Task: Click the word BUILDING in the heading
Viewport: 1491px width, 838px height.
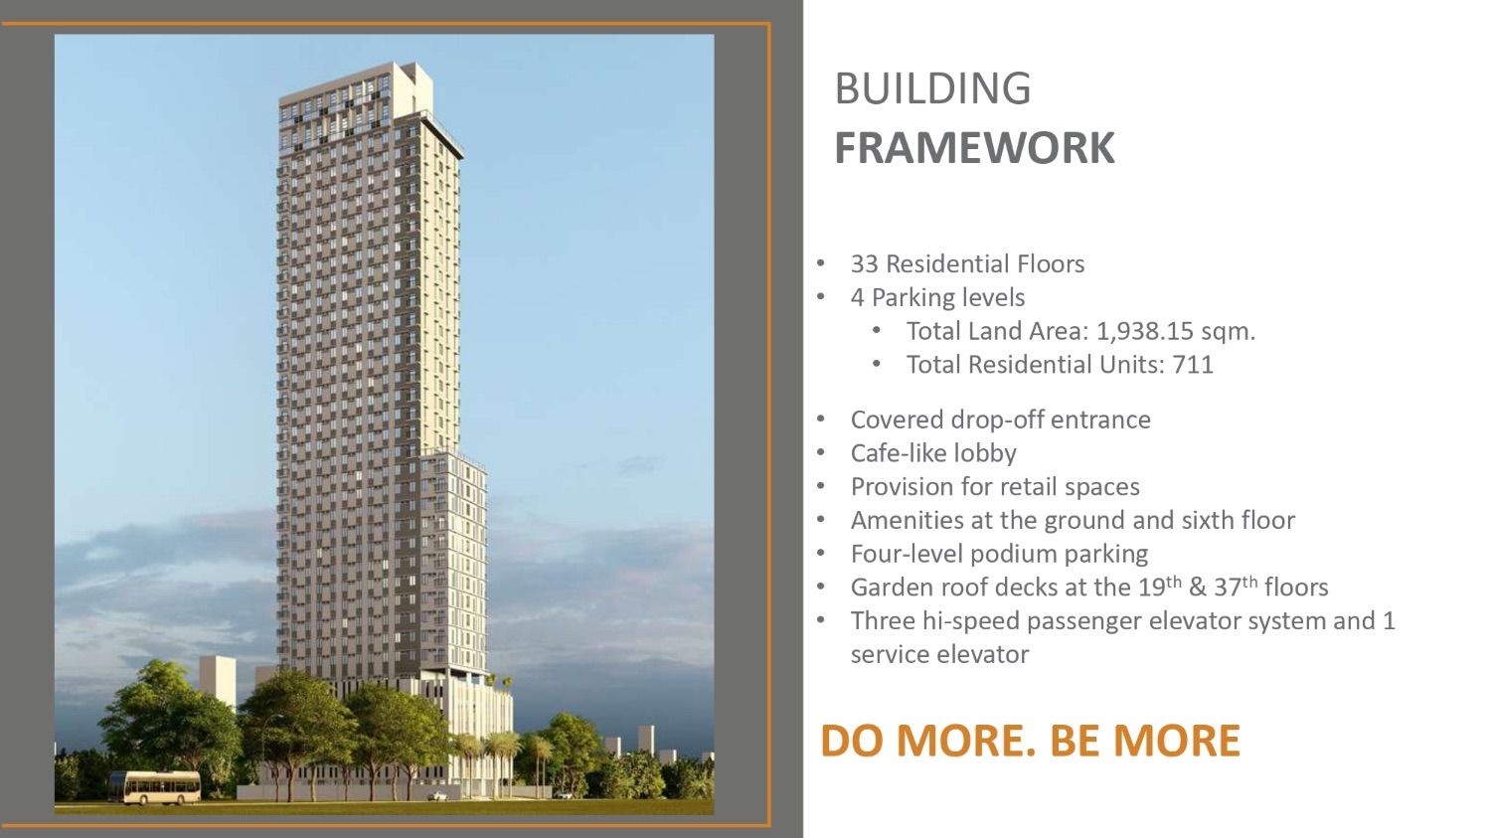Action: tap(932, 88)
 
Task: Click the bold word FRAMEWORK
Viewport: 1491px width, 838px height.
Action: tap(974, 148)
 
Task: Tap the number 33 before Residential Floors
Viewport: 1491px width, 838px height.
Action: tap(865, 264)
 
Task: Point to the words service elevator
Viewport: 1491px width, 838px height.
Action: tap(940, 654)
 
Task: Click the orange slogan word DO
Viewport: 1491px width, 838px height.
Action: tap(852, 741)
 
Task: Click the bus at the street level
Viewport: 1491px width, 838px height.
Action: tap(154, 787)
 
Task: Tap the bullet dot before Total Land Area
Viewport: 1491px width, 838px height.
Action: tap(877, 330)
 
